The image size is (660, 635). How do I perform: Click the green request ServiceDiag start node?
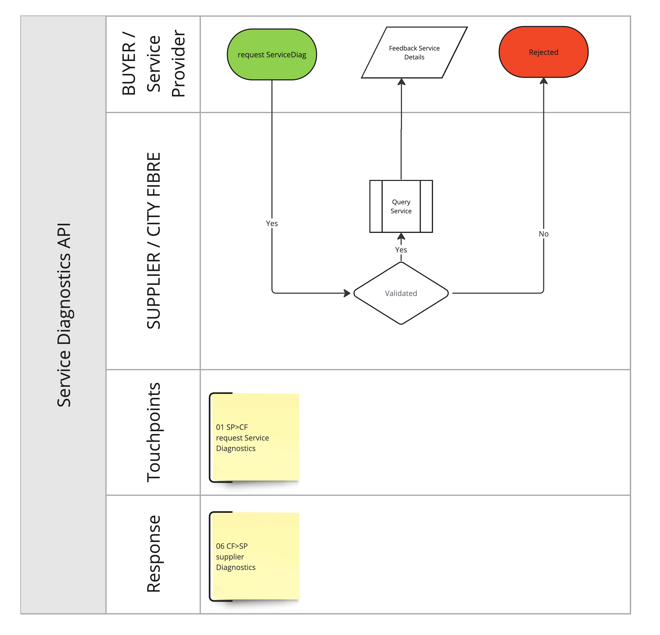click(x=272, y=55)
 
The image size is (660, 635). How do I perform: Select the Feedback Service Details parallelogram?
click(x=414, y=52)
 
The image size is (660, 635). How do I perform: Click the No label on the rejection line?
click(x=543, y=234)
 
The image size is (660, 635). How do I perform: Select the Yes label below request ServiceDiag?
click(x=272, y=223)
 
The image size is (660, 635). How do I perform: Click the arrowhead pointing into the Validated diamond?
click(x=347, y=293)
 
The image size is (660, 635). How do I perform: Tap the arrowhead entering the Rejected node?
click(x=543, y=81)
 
